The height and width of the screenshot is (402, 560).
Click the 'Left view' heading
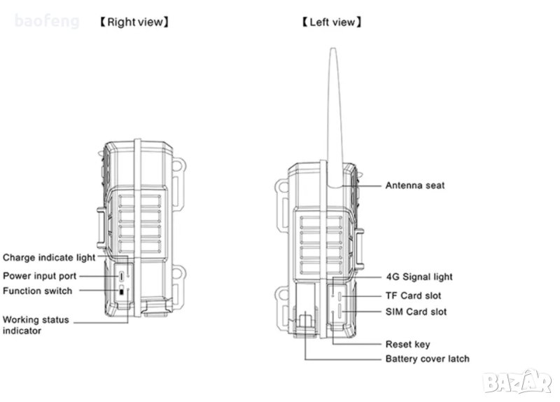pyautogui.click(x=332, y=22)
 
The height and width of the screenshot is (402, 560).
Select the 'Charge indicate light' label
pyautogui.click(x=49, y=258)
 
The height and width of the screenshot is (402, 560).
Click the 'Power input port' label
pyautogui.click(x=40, y=276)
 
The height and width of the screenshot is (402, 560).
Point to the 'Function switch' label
pyautogui.click(x=37, y=291)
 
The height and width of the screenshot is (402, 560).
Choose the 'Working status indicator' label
pyautogui.click(x=36, y=324)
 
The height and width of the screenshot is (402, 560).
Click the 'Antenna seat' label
pyautogui.click(x=415, y=186)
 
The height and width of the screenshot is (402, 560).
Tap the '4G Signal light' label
pyautogui.click(x=419, y=277)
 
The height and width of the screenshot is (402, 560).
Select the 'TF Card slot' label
pyautogui.click(x=414, y=296)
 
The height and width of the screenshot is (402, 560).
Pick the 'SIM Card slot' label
pyautogui.click(x=416, y=311)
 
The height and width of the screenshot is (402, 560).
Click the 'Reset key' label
pyautogui.click(x=407, y=344)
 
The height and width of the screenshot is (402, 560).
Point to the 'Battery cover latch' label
pyautogui.click(x=427, y=359)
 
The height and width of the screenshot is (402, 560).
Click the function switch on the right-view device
pyautogui.click(x=122, y=291)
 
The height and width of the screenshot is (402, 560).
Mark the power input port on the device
pyautogui.click(x=122, y=276)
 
